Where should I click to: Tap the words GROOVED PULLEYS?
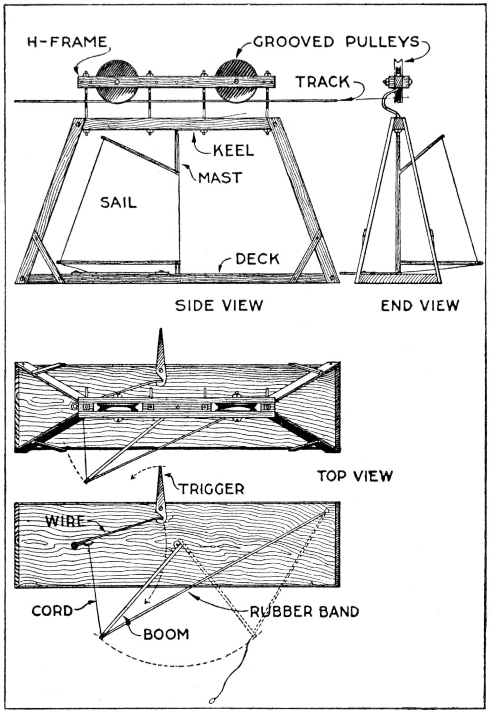click(x=337, y=42)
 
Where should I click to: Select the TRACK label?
click(x=323, y=82)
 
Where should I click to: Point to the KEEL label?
click(x=233, y=151)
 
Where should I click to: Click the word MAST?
click(x=220, y=178)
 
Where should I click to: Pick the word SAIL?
click(x=118, y=202)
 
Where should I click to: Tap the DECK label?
click(x=257, y=259)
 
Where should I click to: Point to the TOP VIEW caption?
click(x=355, y=475)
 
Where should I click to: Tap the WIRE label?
click(x=64, y=520)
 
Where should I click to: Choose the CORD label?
click(x=52, y=610)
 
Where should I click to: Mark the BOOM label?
click(x=166, y=634)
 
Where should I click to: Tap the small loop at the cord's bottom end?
click(x=211, y=700)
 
